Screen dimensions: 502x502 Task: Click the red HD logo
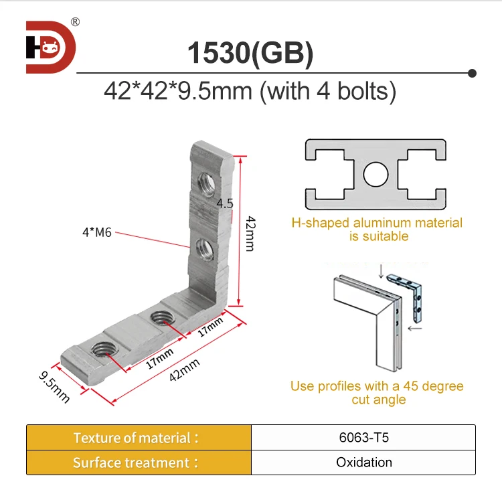point(51,47)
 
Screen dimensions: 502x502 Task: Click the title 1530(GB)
point(250,54)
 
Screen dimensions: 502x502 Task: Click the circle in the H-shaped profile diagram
point(375,175)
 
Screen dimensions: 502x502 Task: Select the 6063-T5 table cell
point(363,438)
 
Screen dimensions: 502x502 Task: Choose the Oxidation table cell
point(363,463)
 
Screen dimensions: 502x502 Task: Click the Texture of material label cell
point(137,438)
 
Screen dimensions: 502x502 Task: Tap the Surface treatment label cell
point(137,463)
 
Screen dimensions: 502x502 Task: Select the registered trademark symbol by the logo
point(75,22)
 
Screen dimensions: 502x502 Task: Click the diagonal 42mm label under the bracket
point(184,370)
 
